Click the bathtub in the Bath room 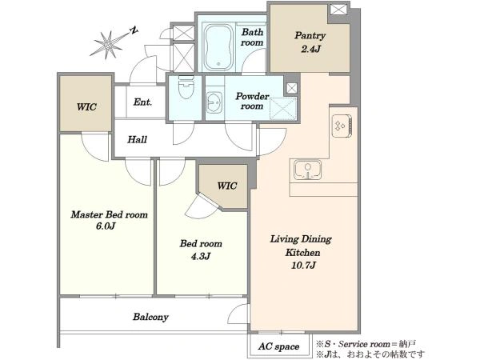coord(218,47)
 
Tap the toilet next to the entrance coord(186,87)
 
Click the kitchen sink coord(308,170)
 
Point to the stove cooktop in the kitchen coord(342,126)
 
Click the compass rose coord(109,44)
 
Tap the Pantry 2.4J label coord(310,42)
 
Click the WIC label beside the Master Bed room coord(86,107)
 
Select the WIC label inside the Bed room coord(227,186)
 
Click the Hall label coord(137,139)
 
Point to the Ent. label coord(142,102)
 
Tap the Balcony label coord(150,317)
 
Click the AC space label coord(278,346)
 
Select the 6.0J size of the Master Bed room coord(106,226)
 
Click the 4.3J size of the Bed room coord(201,256)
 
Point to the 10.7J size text coord(303,265)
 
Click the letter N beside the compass coord(134,30)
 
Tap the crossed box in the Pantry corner coord(338,9)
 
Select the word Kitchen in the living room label coord(302,252)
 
